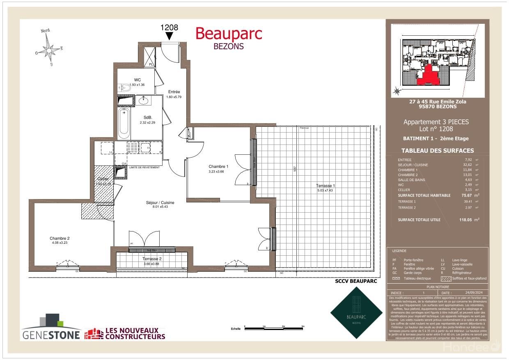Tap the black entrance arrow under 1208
(x=169, y=36)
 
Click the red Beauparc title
(x=228, y=34)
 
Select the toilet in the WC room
(x=124, y=87)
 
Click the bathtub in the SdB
(x=124, y=123)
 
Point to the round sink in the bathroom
(x=144, y=101)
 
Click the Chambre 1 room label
(x=218, y=166)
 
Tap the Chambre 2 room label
(x=60, y=238)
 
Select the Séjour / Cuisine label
(x=160, y=203)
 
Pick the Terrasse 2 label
(x=152, y=259)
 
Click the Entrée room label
(x=174, y=92)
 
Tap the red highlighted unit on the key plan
(x=428, y=76)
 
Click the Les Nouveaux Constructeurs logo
(x=125, y=333)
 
